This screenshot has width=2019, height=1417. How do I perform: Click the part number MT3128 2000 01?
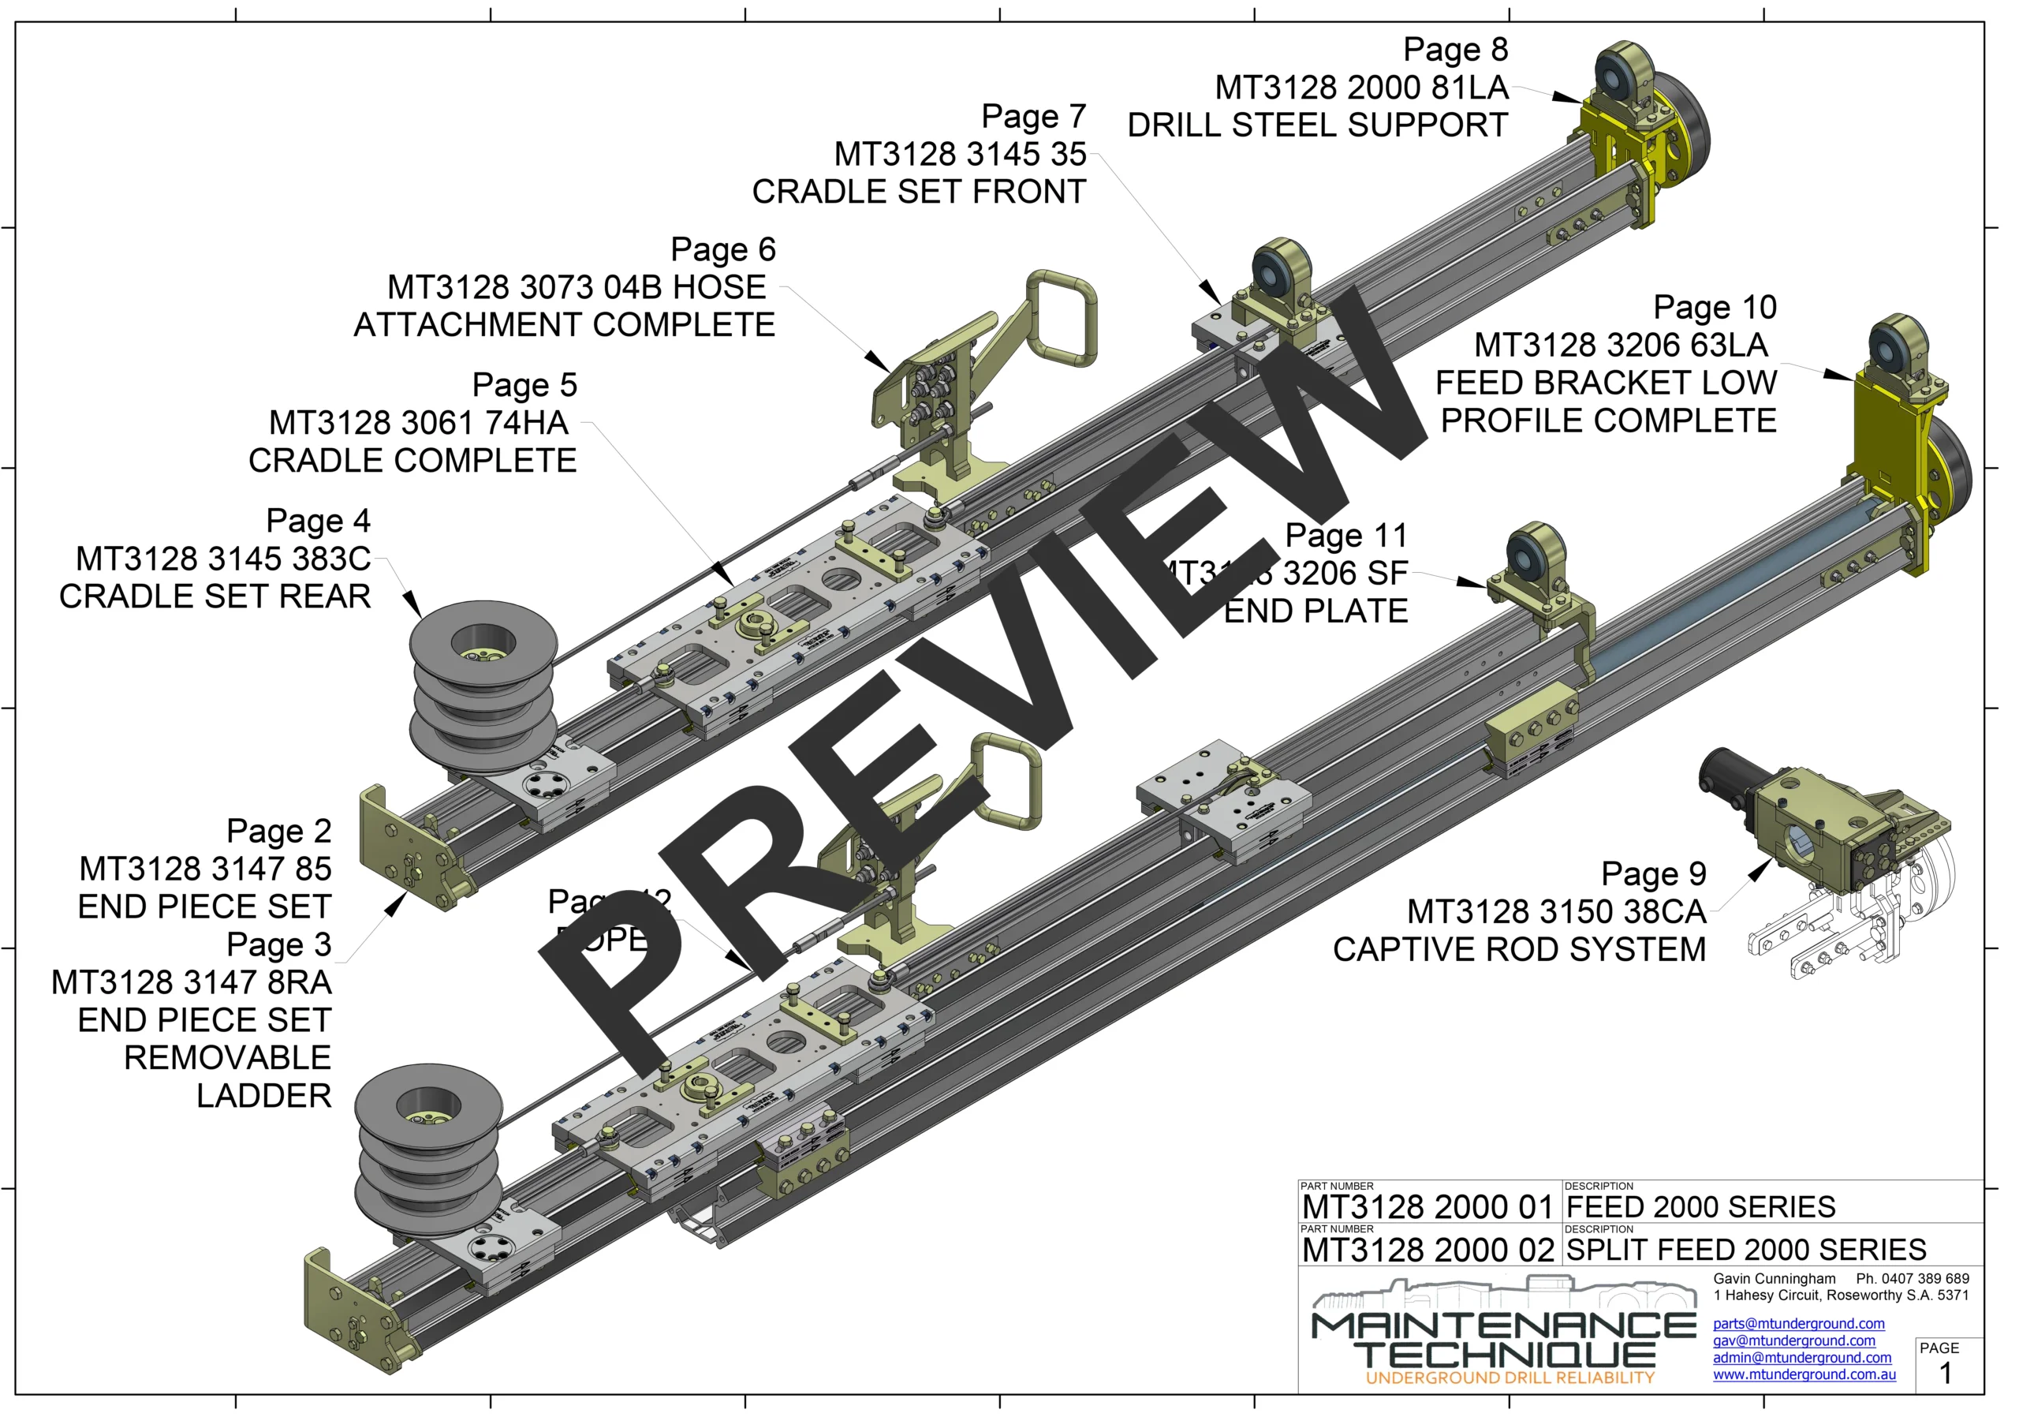[1427, 1208]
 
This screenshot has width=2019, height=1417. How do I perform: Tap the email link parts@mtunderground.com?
[1798, 1324]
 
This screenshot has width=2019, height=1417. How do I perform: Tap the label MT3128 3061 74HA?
[419, 423]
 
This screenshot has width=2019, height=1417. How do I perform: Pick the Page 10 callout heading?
[1715, 307]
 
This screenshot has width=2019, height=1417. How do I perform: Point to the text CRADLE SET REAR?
[215, 596]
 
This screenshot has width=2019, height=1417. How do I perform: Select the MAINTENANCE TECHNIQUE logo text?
[1504, 1340]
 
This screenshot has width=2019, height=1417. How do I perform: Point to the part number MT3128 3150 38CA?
[1557, 912]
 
